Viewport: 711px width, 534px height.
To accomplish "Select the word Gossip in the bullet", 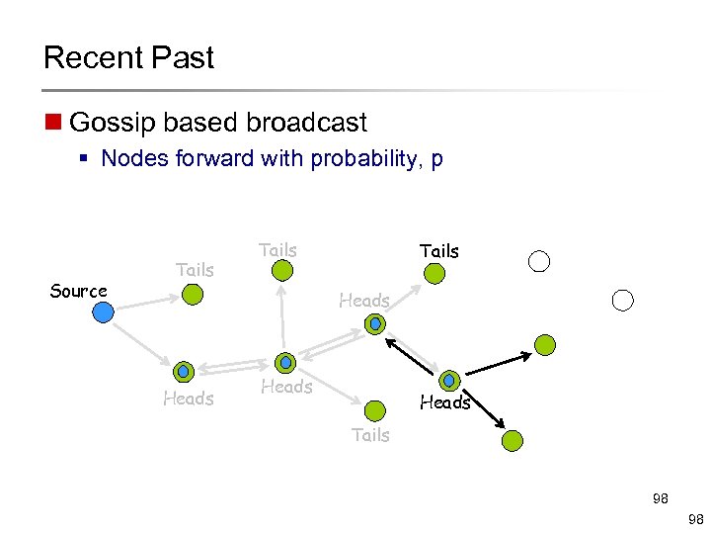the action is click(x=108, y=123).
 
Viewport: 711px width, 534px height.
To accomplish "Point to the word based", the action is click(x=195, y=123).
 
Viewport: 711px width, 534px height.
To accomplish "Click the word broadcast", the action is click(x=306, y=123).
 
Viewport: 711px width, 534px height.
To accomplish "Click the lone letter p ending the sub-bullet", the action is click(x=436, y=160).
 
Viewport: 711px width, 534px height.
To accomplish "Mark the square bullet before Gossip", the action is click(x=52, y=124).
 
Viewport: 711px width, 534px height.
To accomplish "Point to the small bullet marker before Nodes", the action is click(x=89, y=159).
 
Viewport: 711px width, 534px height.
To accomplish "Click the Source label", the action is click(x=78, y=291).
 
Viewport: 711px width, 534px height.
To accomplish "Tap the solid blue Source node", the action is click(x=103, y=312).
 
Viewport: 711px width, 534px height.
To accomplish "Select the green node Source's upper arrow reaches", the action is click(x=194, y=294).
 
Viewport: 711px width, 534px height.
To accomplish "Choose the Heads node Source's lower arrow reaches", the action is click(x=184, y=372).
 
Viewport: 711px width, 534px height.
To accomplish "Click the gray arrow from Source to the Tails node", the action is click(x=148, y=303).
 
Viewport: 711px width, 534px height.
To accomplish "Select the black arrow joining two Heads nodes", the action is click(x=412, y=358).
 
